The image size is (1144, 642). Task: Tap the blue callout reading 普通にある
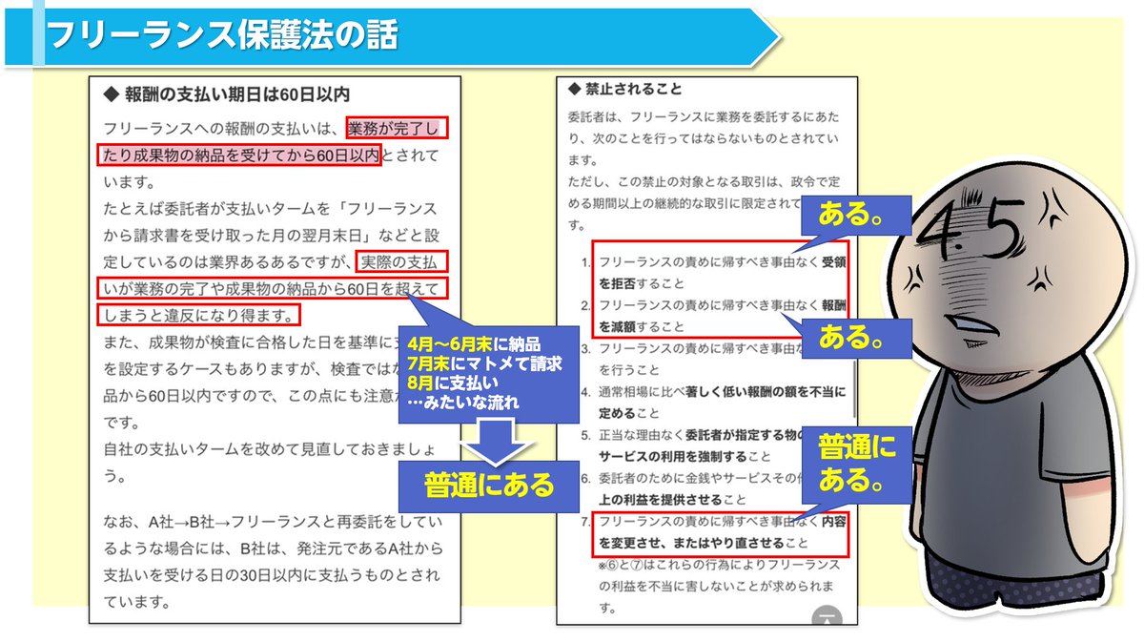pyautogui.click(x=489, y=485)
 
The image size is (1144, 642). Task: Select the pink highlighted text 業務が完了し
pyautogui.click(x=397, y=128)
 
